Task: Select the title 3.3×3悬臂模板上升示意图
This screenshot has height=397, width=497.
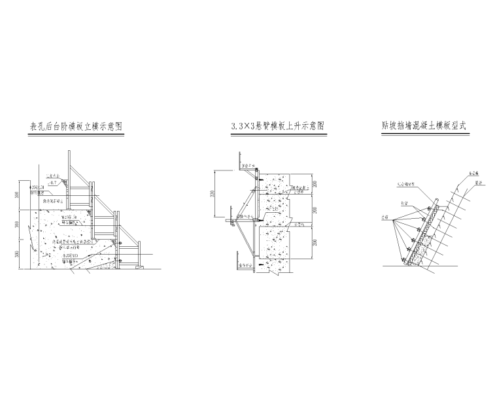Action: pos(278,126)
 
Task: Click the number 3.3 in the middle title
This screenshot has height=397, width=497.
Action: pos(237,126)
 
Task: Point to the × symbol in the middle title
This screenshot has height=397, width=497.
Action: pos(249,126)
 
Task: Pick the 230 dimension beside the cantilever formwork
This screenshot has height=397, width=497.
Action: pos(212,195)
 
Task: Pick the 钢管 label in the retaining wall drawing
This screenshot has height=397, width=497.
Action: pos(396,203)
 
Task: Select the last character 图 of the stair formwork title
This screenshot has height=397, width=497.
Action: pos(119,126)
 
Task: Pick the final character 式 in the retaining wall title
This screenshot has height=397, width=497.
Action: pos(470,125)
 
